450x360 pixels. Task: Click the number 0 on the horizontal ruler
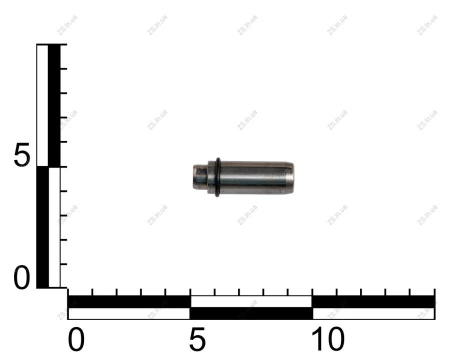76,339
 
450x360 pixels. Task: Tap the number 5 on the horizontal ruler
197,339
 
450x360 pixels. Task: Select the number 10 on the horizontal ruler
328,339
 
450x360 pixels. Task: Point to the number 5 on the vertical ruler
22,154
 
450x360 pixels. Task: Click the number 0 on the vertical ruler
22,277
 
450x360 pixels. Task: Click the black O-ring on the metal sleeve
218,177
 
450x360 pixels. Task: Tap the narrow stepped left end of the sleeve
200,176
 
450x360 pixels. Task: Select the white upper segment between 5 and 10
251,301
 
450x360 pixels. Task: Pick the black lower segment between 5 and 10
251,313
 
